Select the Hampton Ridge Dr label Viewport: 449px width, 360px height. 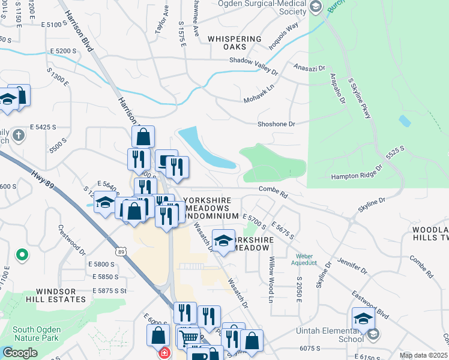tap(357, 175)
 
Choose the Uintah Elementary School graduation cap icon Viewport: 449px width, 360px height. tap(363, 319)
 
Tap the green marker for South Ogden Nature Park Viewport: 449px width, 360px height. tap(22, 256)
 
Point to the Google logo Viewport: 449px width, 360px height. tap(20, 353)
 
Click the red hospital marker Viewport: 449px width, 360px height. tap(163, 353)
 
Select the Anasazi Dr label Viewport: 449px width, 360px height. tap(309, 67)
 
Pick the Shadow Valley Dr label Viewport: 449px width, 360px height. tap(254, 65)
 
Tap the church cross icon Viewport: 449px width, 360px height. tap(19, 134)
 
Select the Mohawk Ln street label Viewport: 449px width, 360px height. tap(259, 93)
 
